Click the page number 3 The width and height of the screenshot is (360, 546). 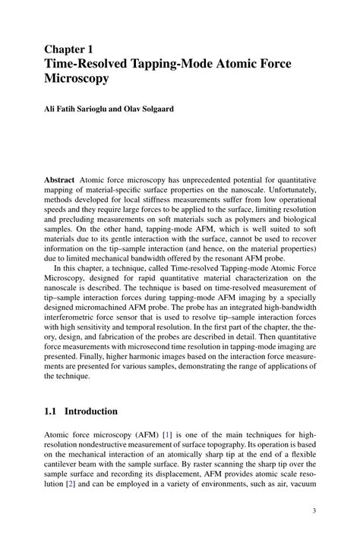point(312,512)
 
